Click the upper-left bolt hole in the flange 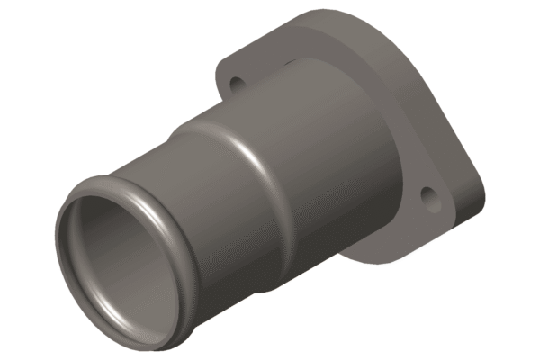tap(237, 84)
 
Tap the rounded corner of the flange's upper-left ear tap(220, 72)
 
